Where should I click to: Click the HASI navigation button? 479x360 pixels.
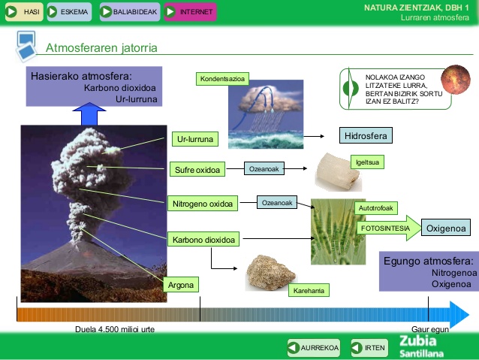22,12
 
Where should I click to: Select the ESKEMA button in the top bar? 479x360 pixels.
68,12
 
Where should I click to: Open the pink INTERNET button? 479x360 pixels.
190,12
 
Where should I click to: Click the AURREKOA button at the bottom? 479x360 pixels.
314,347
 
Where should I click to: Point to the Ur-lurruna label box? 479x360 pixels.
194,139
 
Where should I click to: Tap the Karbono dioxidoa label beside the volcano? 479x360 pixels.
204,241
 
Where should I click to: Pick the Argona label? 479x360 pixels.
181,285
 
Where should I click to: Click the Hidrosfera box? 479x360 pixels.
366,136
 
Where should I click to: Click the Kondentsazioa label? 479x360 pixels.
224,79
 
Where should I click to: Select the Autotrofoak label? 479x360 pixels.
375,207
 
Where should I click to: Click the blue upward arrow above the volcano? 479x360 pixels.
90,115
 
